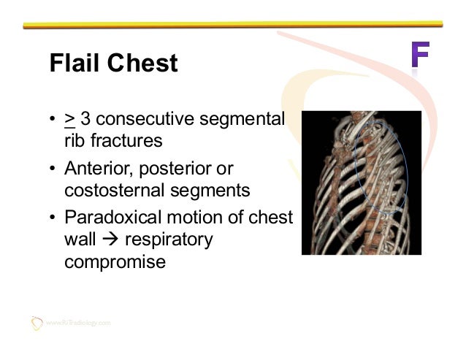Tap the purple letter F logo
(419, 58)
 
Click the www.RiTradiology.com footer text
(78, 322)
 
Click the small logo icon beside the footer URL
(37, 321)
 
